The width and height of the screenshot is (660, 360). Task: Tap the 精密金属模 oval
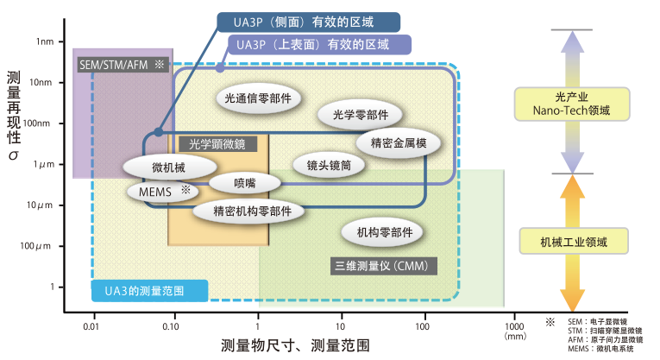tap(398, 142)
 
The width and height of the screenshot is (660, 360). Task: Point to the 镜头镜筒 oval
tap(323, 164)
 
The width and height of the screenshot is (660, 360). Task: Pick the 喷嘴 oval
tap(245, 183)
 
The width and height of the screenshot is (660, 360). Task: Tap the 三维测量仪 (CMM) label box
tap(380, 266)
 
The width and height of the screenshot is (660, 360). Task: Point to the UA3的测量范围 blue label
tap(149, 291)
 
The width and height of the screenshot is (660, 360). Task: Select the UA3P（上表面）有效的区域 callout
tap(318, 44)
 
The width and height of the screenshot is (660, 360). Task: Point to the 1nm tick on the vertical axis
tap(44, 41)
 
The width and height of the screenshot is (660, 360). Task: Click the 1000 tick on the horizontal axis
tap(514, 327)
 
